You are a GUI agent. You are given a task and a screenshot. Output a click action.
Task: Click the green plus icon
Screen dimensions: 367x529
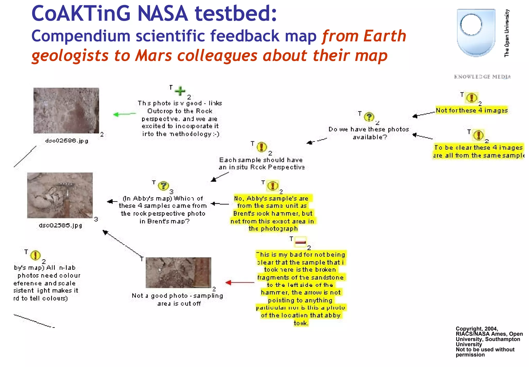pos(180,91)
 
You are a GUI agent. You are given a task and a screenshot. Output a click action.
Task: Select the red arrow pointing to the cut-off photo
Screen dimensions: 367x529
pos(240,282)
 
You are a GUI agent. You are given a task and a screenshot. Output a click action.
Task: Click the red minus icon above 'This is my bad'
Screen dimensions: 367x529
pos(300,242)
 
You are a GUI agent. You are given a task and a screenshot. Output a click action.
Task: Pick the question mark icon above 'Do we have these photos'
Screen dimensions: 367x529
pos(369,117)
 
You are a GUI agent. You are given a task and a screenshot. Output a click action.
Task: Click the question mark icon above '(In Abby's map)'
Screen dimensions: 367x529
pos(163,186)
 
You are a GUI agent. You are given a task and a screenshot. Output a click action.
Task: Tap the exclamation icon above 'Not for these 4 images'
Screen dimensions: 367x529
pos(472,98)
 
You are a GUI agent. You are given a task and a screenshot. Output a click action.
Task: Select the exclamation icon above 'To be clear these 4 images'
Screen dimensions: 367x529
pos(479,135)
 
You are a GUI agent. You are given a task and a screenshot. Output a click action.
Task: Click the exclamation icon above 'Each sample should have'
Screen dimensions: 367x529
pos(262,147)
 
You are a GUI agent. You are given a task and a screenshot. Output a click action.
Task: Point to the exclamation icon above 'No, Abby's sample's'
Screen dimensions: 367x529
pos(273,186)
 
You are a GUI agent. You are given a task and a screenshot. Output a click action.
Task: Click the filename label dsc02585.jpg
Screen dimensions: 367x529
pos(60,225)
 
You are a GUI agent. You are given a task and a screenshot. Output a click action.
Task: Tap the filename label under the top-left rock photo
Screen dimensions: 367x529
pos(67,141)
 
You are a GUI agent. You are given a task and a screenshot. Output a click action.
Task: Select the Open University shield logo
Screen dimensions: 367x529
pos(476,32)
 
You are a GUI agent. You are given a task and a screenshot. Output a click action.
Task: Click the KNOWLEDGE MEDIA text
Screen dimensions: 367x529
pos(482,77)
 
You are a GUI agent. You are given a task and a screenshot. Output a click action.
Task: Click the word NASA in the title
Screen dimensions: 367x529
pos(162,13)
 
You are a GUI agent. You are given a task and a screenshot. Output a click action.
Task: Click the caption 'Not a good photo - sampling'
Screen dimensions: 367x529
pos(177,296)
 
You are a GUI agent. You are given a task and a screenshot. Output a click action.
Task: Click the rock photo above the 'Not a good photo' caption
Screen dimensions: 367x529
pos(178,273)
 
